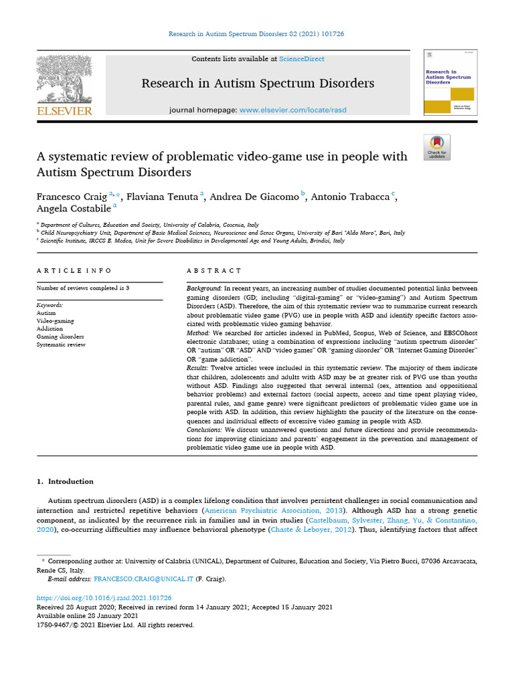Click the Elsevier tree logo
(64, 79)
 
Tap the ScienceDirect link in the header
(302, 59)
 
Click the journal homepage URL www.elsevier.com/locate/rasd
(293, 110)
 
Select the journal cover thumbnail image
(446, 82)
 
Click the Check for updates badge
(437, 147)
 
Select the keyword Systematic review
(61, 345)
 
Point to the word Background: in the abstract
(207, 288)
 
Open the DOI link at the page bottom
(104, 597)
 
